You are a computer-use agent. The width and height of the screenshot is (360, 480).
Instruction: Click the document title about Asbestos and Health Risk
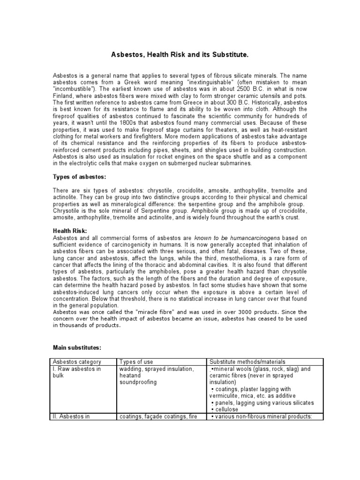[x=180, y=55]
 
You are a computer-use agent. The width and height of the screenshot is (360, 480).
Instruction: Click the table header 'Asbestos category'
[x=77, y=362]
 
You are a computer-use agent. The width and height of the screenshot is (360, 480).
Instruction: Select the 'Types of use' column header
[x=136, y=362]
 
